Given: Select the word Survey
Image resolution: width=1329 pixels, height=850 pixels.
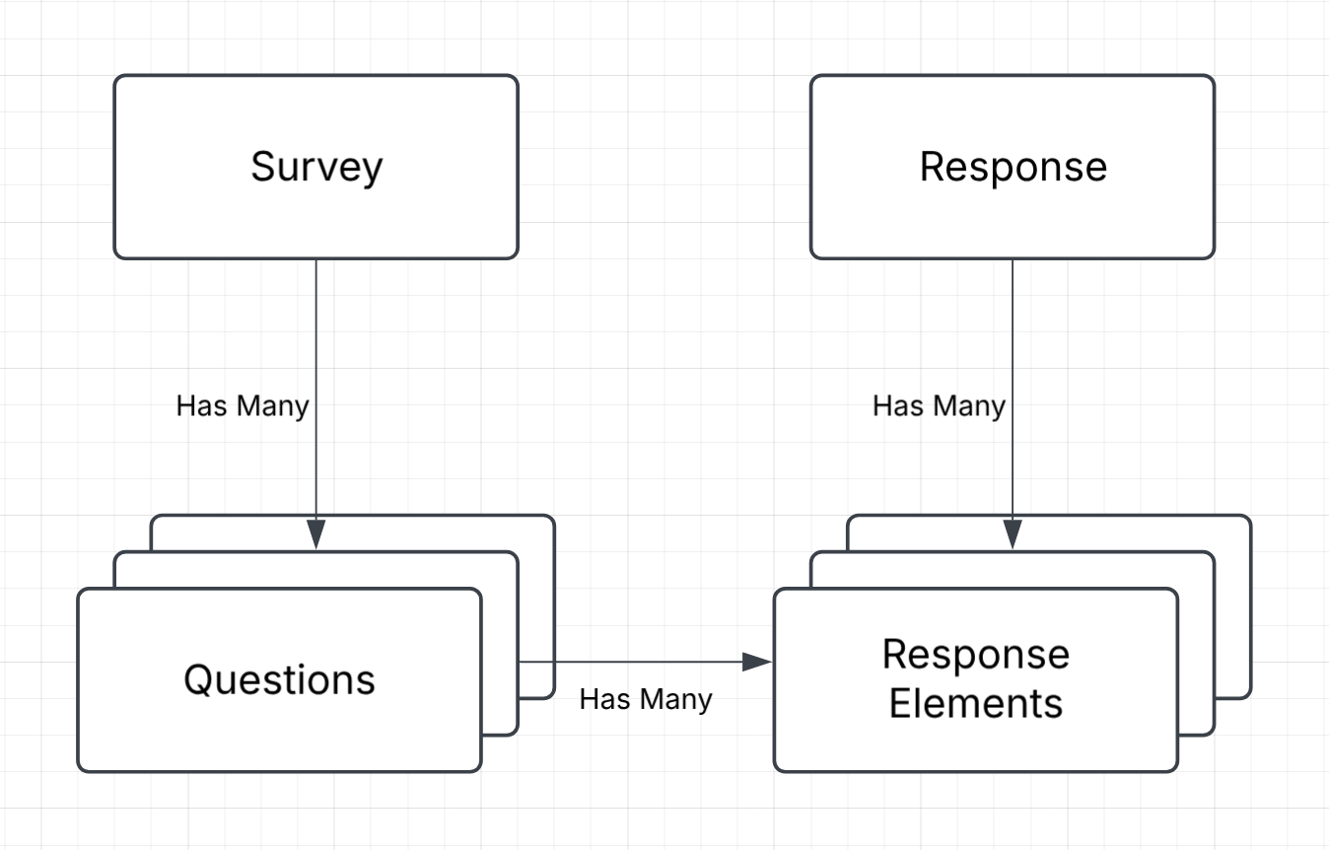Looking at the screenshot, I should (315, 167).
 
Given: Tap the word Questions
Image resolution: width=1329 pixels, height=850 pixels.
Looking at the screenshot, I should (279, 680).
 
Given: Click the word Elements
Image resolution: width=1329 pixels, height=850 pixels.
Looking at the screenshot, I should (975, 704).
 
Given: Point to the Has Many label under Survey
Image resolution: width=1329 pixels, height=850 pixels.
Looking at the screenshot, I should (243, 406).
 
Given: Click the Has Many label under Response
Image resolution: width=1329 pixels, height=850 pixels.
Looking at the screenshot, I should (939, 406).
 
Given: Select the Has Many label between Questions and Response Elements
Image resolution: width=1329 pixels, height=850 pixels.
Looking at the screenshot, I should (646, 700).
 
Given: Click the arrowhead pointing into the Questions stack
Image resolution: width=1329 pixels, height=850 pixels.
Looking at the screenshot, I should (315, 533).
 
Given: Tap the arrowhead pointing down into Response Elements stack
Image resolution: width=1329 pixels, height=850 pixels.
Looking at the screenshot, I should (1013, 533).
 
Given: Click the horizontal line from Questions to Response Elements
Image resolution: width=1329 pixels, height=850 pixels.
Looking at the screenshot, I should (641, 662).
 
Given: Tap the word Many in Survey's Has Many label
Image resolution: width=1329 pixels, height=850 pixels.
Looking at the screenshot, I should (272, 406).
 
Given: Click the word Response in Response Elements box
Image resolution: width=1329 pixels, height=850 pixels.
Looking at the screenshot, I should (975, 655).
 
